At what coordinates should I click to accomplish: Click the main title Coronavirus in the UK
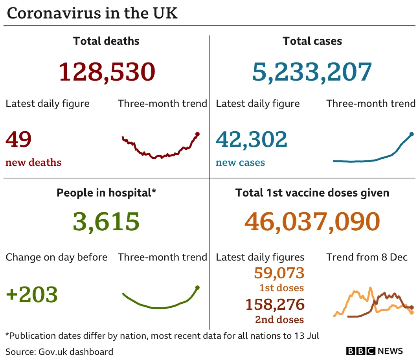(x=92, y=13)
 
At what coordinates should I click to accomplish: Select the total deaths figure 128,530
(x=107, y=72)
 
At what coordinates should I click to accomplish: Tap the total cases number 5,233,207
(x=312, y=72)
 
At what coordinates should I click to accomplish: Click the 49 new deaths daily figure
(x=18, y=140)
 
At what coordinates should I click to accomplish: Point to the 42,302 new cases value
(x=252, y=140)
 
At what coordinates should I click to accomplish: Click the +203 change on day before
(x=32, y=294)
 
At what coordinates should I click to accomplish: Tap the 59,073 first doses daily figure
(x=279, y=273)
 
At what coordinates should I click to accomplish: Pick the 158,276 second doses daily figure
(x=275, y=305)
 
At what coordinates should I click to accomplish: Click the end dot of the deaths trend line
(x=197, y=134)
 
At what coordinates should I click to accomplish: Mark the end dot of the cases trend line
(x=412, y=134)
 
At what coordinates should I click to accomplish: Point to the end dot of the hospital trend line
(x=197, y=287)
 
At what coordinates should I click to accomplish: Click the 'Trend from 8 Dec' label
(x=367, y=257)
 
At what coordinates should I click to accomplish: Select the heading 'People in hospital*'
(x=106, y=193)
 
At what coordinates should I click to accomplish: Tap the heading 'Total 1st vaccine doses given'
(x=312, y=193)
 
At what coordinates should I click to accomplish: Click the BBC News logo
(x=374, y=351)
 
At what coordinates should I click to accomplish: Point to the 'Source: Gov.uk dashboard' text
(x=59, y=351)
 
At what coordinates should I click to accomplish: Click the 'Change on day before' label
(x=56, y=257)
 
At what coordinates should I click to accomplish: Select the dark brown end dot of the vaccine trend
(x=412, y=308)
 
